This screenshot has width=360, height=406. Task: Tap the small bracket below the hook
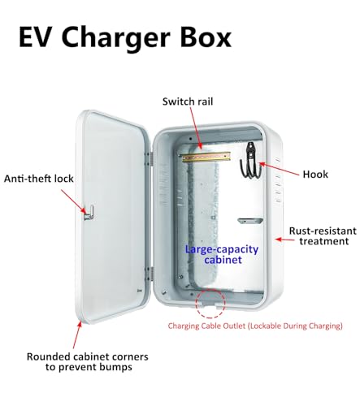tap(249, 219)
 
